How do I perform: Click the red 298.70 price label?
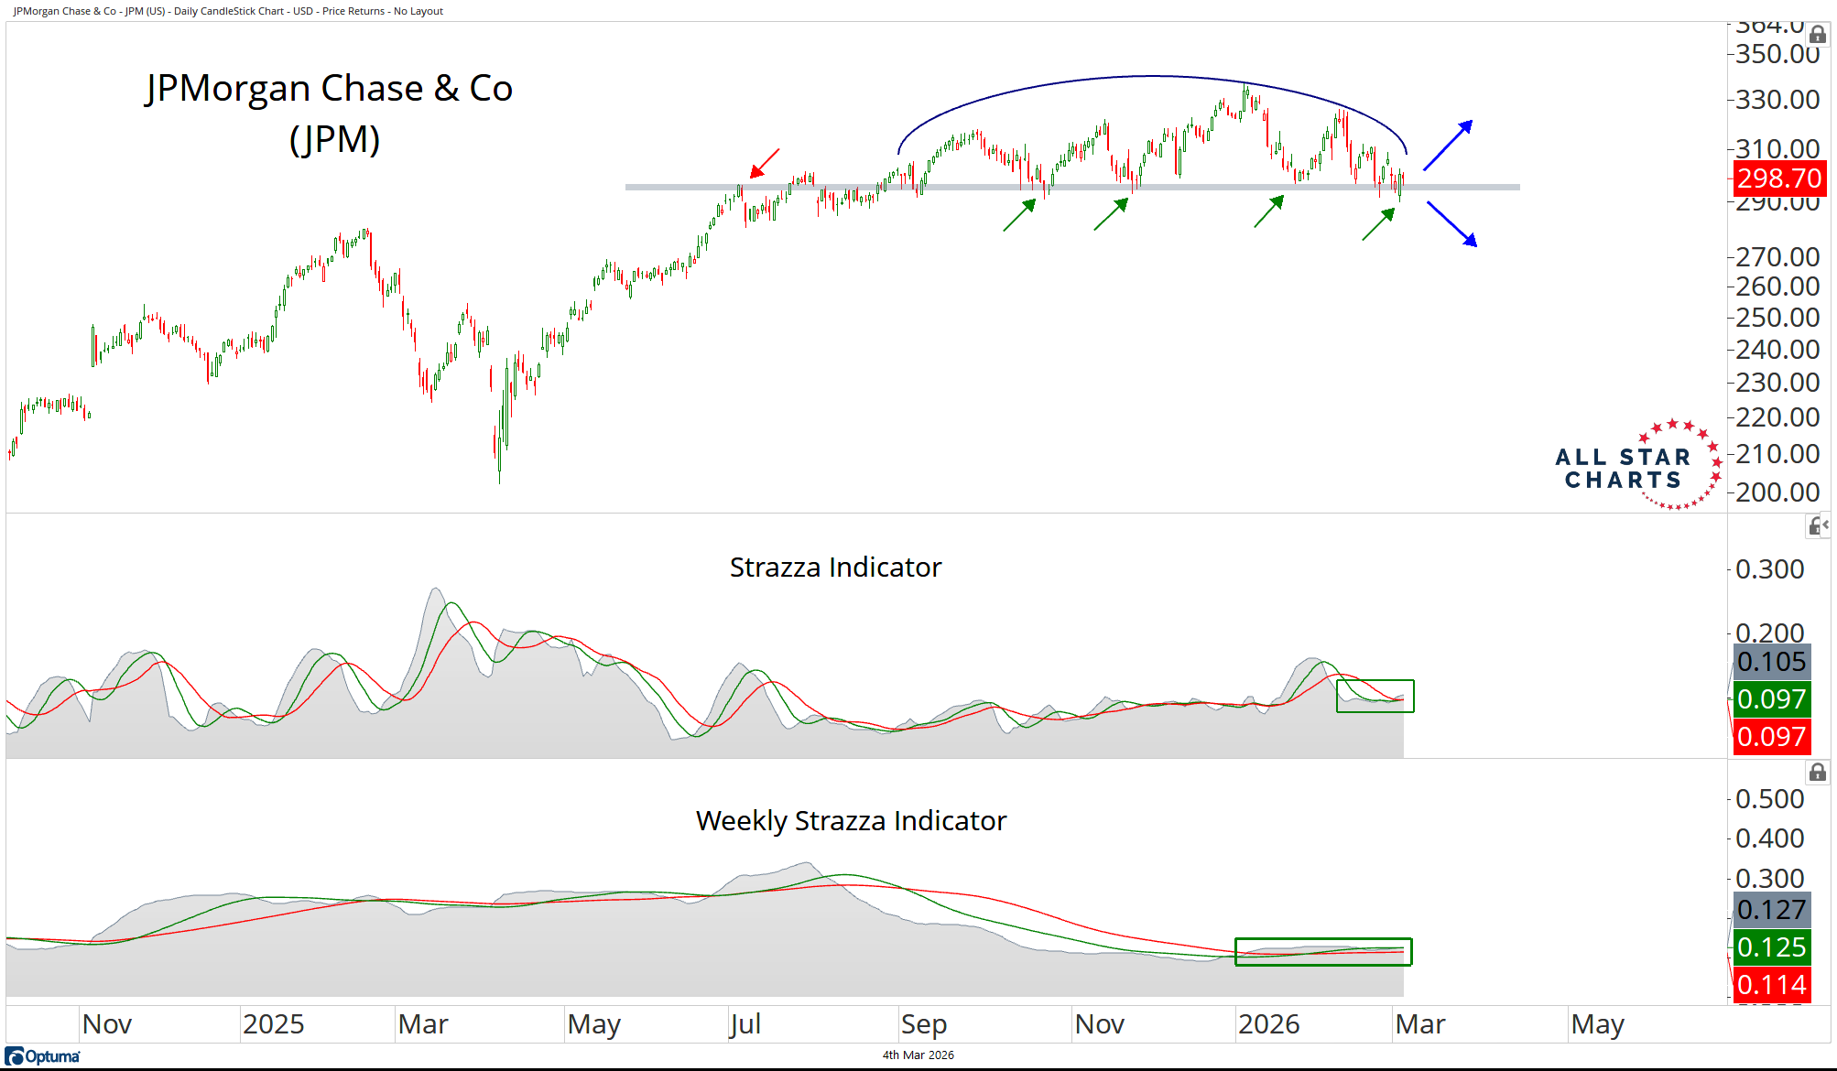click(1779, 178)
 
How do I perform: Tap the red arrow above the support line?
click(765, 163)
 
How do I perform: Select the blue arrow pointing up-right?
click(1448, 145)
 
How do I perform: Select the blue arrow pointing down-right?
click(1451, 224)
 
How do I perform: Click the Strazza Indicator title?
click(835, 568)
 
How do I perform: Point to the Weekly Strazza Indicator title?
click(851, 821)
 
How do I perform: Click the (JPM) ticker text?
click(334, 140)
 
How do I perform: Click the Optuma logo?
click(43, 1056)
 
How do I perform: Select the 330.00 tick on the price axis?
click(1777, 100)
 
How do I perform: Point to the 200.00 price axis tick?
click(1777, 492)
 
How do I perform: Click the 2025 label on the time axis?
click(273, 1024)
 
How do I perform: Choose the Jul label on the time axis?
click(745, 1024)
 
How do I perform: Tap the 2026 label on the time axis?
click(1268, 1024)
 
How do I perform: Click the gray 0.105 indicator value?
click(1771, 662)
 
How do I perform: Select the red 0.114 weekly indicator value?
click(1771, 985)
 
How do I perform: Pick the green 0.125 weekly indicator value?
click(1771, 947)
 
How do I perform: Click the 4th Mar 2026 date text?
click(918, 1055)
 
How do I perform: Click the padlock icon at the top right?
click(1818, 35)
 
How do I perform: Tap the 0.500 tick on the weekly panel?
click(1769, 799)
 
